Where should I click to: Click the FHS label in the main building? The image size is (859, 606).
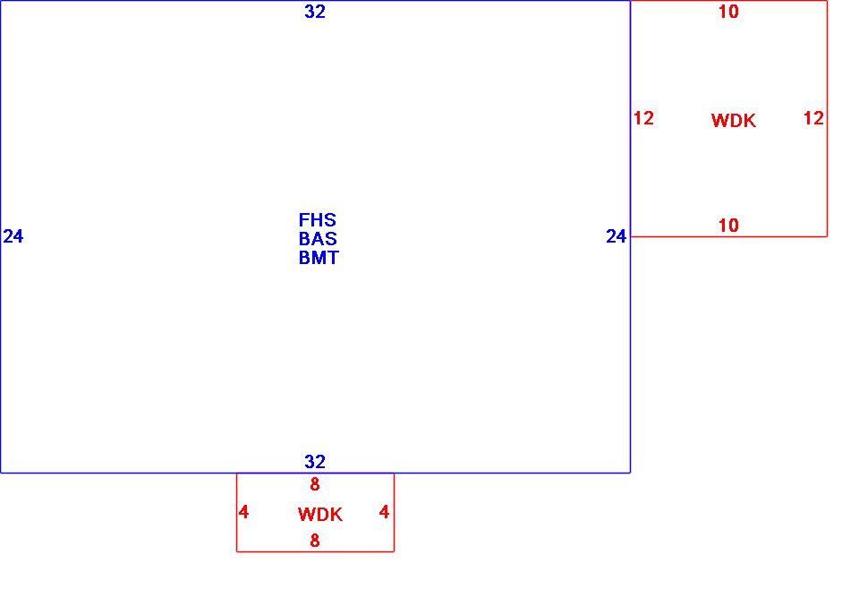318,220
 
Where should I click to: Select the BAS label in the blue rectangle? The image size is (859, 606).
318,239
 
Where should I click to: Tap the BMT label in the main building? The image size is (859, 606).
319,258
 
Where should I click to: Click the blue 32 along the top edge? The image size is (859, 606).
315,12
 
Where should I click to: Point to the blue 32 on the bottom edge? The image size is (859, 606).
315,462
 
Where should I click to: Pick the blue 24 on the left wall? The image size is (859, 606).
13,236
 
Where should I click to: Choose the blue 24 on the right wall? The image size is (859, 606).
617,236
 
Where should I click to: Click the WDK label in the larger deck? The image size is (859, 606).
734,121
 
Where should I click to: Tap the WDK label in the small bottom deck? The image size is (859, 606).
320,515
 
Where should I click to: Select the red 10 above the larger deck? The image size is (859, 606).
729,12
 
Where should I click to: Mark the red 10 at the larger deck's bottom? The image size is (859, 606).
729,226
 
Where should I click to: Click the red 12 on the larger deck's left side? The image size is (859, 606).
643,118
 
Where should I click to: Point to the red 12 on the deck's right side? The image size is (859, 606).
813,118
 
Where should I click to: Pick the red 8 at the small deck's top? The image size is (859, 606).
315,485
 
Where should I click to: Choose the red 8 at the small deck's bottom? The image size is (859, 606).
315,541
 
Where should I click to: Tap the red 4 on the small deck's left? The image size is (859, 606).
243,513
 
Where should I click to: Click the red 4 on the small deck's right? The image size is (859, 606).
385,513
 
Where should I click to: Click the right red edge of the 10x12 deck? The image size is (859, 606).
827,170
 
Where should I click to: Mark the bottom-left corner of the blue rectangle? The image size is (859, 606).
1,472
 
